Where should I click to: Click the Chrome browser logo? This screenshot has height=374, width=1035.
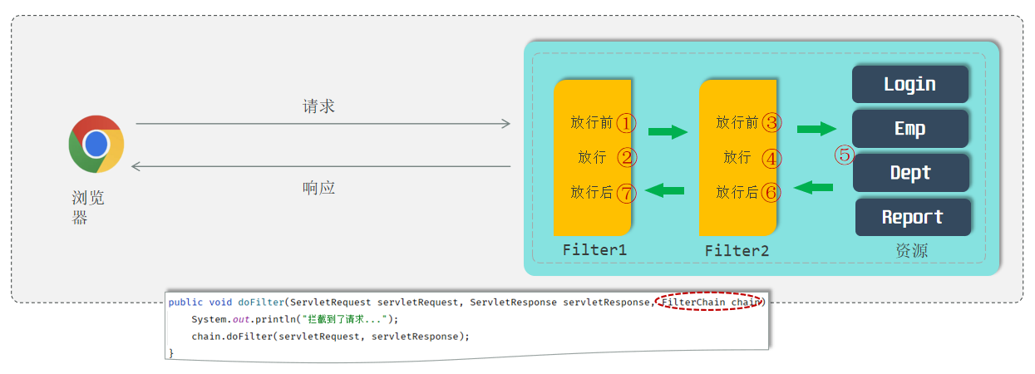coord(96,144)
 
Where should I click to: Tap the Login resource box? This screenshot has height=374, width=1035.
coord(910,84)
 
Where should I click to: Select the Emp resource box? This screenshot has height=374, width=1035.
coord(910,128)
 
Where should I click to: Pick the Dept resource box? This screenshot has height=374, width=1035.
coord(910,173)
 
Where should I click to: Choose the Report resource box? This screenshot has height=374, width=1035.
coord(912,217)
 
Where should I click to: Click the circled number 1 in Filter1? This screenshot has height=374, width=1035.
coord(626,123)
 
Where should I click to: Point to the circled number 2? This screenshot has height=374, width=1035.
coord(626,157)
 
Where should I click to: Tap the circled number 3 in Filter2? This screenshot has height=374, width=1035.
coord(772,123)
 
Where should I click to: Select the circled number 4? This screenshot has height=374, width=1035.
coord(772,158)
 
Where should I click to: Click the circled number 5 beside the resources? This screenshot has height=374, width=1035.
coord(845,155)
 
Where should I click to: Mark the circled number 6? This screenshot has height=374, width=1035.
coord(771,193)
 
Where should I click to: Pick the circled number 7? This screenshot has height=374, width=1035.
coord(626,193)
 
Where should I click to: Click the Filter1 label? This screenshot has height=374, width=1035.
coord(594,249)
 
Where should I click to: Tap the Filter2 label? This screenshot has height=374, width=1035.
coord(737,250)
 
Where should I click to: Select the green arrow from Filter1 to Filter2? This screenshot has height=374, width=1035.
coord(668,132)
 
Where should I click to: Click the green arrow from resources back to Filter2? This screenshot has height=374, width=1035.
coord(814,188)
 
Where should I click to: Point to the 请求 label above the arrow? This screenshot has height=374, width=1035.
coord(318,106)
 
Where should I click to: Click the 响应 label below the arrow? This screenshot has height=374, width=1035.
coord(318,188)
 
